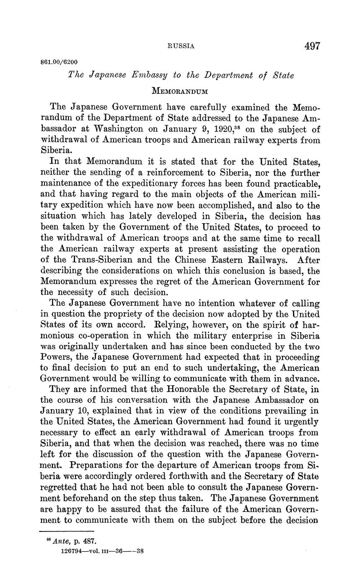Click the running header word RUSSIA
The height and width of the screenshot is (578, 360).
tap(181, 46)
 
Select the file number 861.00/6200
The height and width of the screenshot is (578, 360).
tap(59, 62)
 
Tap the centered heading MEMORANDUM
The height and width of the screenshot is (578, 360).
tap(180, 90)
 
